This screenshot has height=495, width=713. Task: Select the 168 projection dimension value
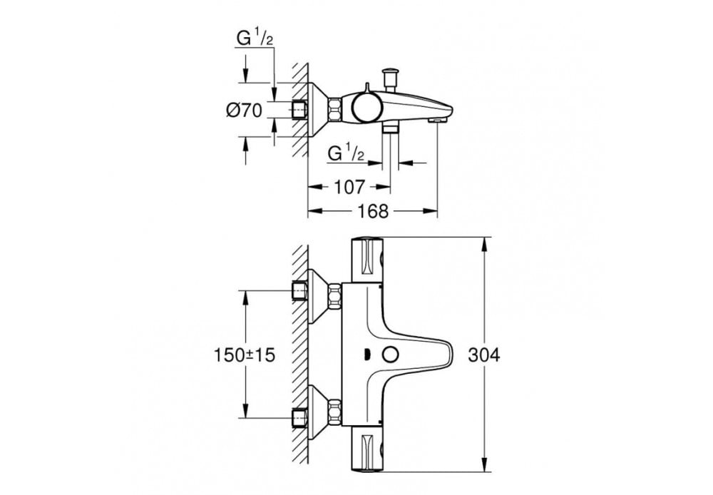[372, 211]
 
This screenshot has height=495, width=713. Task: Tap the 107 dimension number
[349, 188]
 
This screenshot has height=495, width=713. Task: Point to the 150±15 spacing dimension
[245, 354]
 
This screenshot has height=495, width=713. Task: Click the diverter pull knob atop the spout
[390, 76]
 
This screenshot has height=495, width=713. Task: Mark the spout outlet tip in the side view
[433, 120]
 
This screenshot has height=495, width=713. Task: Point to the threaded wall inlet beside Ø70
[300, 111]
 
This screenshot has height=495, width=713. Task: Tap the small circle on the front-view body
[389, 354]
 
